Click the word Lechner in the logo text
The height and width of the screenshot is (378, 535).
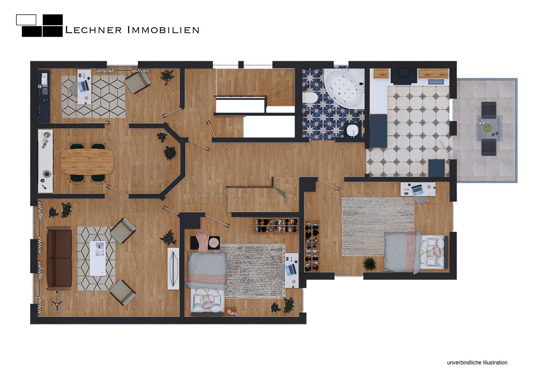tap(93, 30)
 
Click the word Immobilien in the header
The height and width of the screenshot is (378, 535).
tap(163, 30)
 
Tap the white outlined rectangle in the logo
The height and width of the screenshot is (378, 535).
tap(26, 20)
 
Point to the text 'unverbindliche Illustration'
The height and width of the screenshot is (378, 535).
tap(477, 362)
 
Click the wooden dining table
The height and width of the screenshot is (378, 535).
tap(87, 162)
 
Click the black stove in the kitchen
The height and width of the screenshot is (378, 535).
tap(403, 75)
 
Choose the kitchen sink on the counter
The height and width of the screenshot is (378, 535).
tap(436, 82)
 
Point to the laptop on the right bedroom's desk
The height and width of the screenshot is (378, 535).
tap(417, 189)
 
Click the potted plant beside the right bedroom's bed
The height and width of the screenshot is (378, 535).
tap(369, 263)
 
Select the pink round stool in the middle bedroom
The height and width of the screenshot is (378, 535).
tap(214, 242)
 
